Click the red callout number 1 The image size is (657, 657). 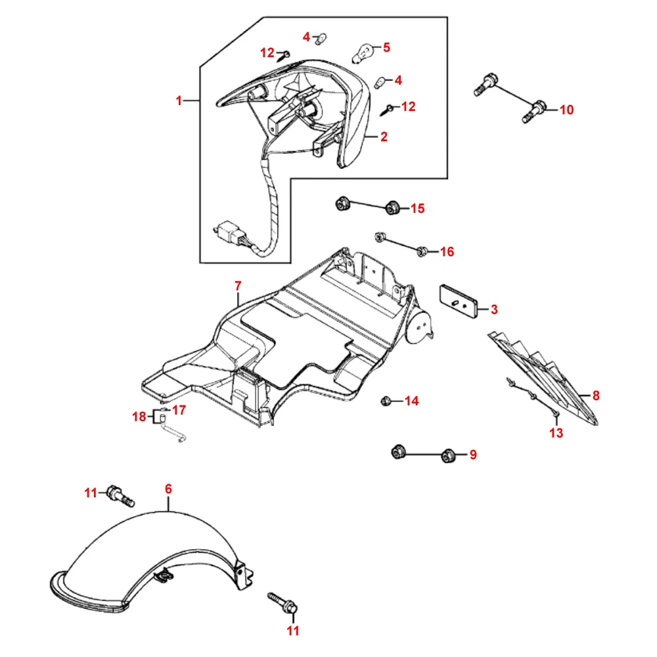179,101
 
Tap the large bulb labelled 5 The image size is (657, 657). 365,51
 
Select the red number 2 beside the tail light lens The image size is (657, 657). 384,137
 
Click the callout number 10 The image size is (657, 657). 566,110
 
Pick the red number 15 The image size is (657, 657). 417,208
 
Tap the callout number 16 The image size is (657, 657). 447,252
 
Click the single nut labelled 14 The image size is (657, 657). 388,400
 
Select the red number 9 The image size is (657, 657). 473,455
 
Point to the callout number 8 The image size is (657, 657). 596,396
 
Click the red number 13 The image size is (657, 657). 556,433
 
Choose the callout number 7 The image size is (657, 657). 238,286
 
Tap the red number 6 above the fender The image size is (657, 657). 168,489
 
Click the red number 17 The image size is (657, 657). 179,409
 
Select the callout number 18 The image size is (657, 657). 139,417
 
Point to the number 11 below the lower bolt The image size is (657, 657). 293,631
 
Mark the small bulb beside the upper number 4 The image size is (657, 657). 321,40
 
